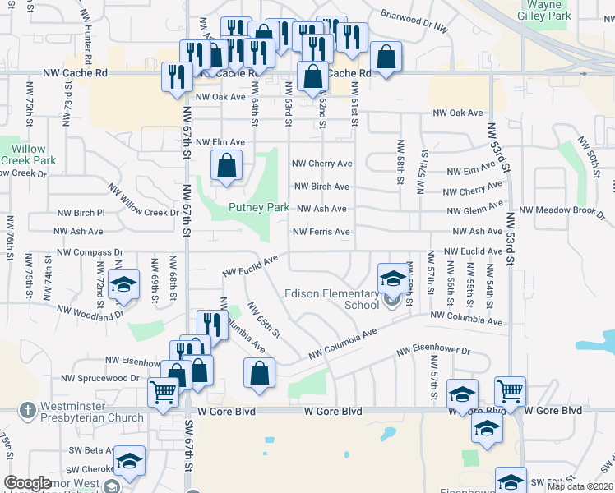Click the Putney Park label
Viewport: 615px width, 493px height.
(258, 208)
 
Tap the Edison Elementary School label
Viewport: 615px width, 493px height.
(332, 299)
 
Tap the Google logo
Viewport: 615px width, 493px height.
(27, 483)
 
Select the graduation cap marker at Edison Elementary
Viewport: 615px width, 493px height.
(393, 278)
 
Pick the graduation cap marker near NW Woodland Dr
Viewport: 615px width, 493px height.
(124, 283)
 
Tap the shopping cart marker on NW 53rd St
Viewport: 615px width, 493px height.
(510, 391)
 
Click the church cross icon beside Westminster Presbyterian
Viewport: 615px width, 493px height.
(27, 409)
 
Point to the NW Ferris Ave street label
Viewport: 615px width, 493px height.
(321, 232)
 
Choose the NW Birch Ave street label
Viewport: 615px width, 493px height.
(321, 187)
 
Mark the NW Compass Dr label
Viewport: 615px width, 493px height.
(90, 253)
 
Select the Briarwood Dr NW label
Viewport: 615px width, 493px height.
(415, 21)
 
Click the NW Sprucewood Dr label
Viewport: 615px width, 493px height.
(100, 379)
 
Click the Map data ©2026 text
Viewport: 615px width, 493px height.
(580, 486)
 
